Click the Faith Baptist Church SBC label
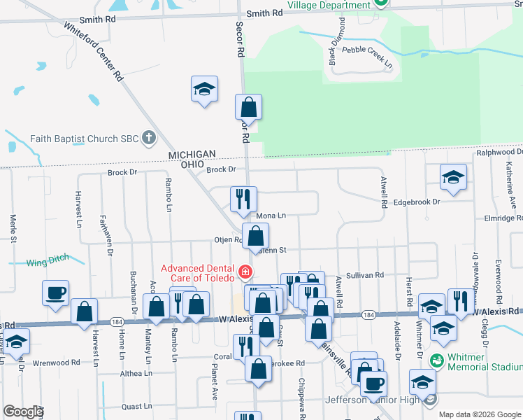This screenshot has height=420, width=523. point(84,139)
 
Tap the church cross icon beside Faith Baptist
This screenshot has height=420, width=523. point(148,138)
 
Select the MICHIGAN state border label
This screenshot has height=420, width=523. point(190,154)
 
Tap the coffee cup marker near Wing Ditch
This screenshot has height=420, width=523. point(55,293)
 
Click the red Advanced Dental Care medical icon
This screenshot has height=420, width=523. point(244,271)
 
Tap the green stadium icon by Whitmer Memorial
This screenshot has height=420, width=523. point(437,360)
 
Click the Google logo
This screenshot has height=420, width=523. point(23,412)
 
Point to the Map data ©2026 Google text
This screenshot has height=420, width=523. point(480,414)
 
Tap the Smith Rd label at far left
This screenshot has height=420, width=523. point(97,20)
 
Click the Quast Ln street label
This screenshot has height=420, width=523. point(136,406)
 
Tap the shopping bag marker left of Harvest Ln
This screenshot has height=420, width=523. point(84,311)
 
